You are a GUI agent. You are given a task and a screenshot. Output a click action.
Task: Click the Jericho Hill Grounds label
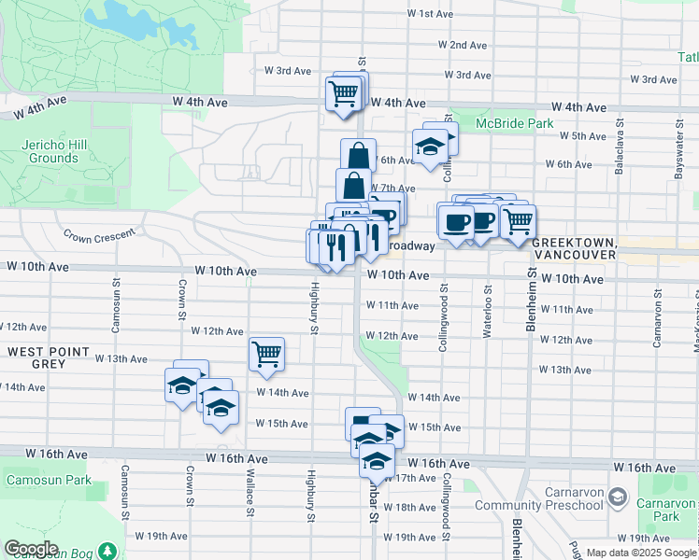(53, 151)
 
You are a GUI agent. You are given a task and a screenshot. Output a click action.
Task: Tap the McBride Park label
(514, 123)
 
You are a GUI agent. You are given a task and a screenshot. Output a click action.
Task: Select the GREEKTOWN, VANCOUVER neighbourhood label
(574, 248)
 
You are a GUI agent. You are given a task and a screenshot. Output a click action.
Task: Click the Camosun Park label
(48, 480)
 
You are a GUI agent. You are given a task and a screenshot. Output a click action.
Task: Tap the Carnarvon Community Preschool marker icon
(617, 496)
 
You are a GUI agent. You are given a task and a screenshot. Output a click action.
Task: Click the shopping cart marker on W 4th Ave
(342, 92)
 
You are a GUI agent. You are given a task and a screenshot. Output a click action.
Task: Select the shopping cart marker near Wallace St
(266, 354)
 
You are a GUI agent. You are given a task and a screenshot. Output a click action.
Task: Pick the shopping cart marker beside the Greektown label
(518, 221)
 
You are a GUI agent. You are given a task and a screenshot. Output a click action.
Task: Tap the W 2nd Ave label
(468, 45)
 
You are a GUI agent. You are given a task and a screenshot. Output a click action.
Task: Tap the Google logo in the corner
(31, 549)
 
